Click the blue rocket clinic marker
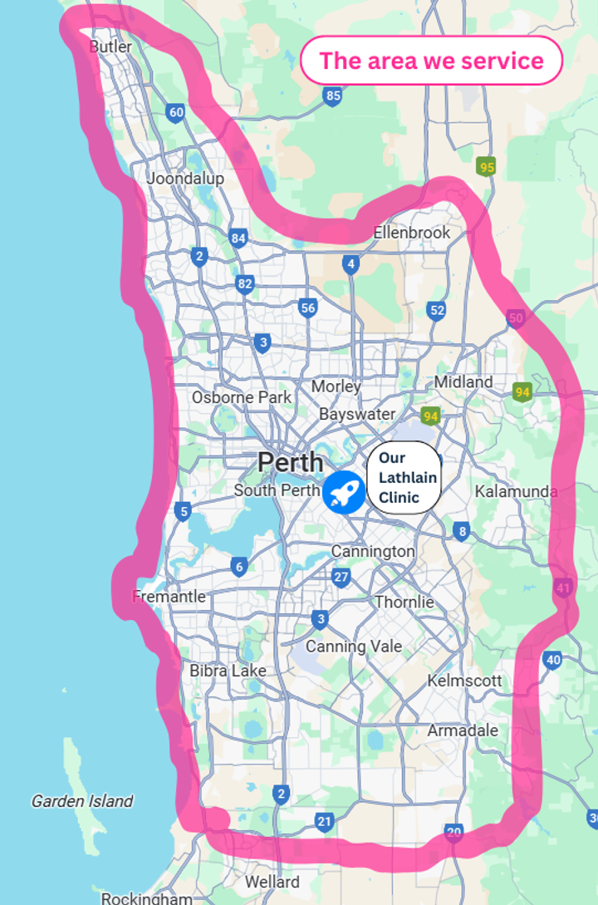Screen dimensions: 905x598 point(343,492)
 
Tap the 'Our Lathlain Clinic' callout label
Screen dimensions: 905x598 point(407,478)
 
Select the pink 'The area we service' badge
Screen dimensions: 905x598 point(431,61)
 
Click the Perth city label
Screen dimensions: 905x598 point(290,462)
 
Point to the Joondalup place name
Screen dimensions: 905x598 point(184,178)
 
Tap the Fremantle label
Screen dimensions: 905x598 point(169,596)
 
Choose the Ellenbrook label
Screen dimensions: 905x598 point(411,233)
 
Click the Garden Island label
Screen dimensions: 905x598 point(82,801)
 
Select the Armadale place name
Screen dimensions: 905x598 point(463,730)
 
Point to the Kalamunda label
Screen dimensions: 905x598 point(516,491)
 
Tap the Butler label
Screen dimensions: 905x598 point(110,47)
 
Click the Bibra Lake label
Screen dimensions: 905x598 point(228,670)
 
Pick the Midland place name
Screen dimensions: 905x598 point(463,381)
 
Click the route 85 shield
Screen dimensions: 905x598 point(333,96)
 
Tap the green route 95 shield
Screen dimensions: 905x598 point(487,168)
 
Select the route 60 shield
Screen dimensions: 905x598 point(175,112)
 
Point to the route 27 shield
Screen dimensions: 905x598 point(341,577)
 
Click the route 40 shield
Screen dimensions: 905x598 point(553,661)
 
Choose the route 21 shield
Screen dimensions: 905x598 point(324,822)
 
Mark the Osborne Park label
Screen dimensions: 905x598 point(242,397)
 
